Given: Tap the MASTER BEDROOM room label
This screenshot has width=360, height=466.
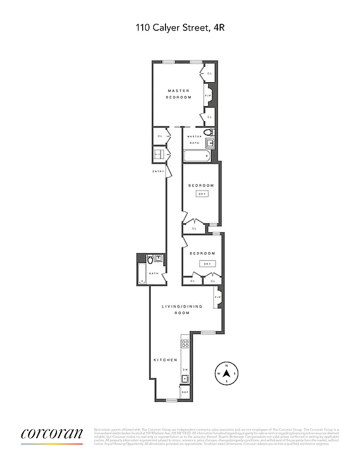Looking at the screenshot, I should (x=178, y=94).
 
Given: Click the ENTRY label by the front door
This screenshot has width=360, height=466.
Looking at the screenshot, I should (x=158, y=171).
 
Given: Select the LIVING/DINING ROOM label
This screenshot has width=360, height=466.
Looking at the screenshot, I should (x=182, y=309).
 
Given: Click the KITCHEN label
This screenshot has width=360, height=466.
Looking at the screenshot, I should (x=165, y=360).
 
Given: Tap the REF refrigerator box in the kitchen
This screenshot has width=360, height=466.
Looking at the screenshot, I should (x=185, y=393).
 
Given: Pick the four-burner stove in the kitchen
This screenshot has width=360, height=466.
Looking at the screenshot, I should (x=185, y=344).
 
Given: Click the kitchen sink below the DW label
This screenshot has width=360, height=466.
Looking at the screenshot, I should (x=185, y=379).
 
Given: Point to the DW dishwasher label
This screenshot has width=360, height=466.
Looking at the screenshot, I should (x=185, y=370).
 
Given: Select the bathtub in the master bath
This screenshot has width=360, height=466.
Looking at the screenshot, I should (x=196, y=156).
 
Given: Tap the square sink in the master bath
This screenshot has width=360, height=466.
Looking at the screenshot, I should (x=211, y=143).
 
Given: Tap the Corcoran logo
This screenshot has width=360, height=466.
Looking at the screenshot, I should (x=52, y=434).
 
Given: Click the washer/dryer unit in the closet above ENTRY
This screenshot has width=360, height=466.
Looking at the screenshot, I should (x=158, y=154).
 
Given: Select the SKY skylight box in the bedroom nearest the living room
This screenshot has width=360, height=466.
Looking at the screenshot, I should (x=207, y=264).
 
